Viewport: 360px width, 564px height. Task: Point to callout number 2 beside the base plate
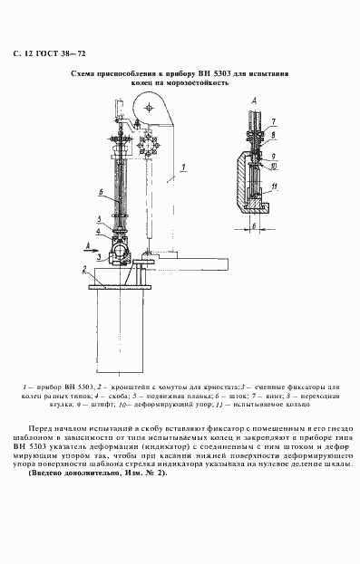[x=83, y=269]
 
